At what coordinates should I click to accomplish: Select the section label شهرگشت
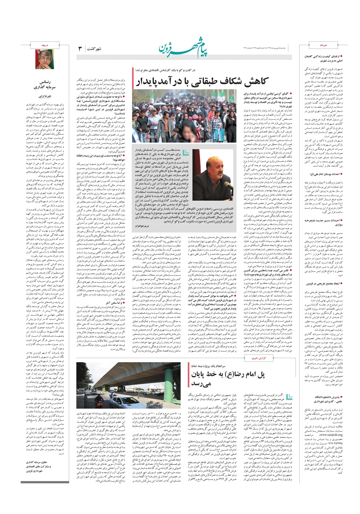94,49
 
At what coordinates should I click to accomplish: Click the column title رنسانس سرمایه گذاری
45,85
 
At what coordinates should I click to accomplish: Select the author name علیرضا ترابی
45,95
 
